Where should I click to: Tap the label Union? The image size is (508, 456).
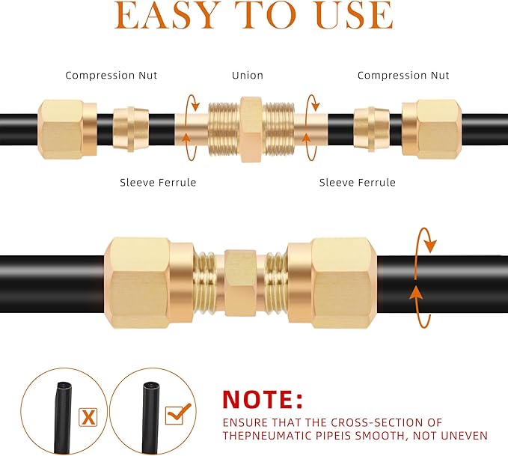248,76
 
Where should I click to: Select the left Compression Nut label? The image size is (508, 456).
111,76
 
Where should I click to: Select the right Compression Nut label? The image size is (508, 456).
403,76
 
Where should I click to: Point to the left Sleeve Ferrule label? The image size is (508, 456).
158,183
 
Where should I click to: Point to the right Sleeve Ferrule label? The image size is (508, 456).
358,183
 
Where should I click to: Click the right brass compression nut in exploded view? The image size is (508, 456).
431,129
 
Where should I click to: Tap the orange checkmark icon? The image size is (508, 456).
177,412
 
